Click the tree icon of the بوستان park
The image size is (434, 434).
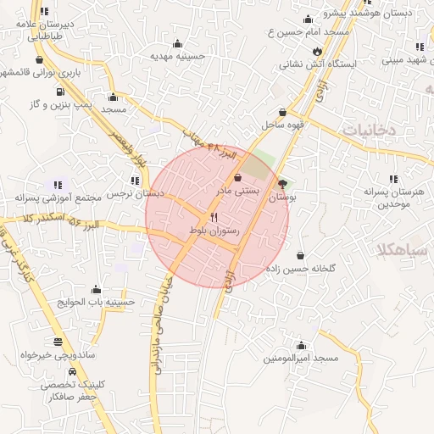tap(282, 182)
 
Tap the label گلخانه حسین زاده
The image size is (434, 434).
tap(301, 268)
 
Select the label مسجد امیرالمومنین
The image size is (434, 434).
tap(301, 359)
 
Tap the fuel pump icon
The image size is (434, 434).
tap(60, 91)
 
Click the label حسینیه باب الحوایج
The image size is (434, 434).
tap(95, 302)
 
